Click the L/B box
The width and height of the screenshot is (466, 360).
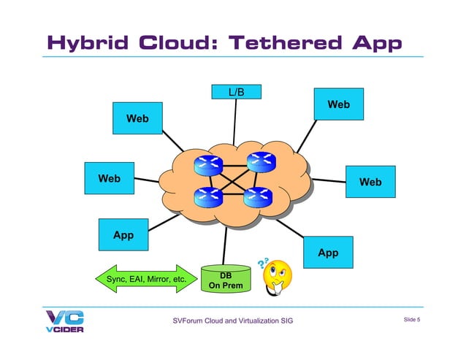pyautogui.click(x=236, y=92)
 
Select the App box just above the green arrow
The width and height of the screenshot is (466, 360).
pyautogui.click(x=123, y=235)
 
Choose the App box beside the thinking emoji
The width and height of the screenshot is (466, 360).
pyautogui.click(x=328, y=253)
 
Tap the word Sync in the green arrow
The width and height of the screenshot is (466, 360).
pyautogui.click(x=118, y=280)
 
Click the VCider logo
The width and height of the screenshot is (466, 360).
pyautogui.click(x=64, y=321)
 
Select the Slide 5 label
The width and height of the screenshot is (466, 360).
pyautogui.click(x=416, y=319)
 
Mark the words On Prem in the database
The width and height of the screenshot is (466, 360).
pyautogui.click(x=226, y=286)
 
